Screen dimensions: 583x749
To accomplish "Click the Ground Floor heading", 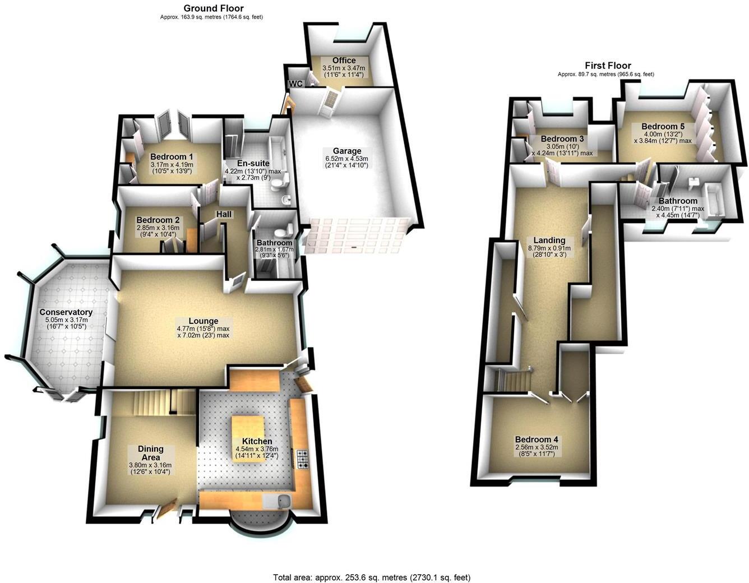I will click(214, 8).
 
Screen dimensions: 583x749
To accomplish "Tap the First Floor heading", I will click(608, 66).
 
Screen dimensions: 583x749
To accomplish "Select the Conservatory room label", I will click(66, 312).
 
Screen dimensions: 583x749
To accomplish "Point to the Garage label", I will click(347, 151).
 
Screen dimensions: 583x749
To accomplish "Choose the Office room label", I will click(344, 61).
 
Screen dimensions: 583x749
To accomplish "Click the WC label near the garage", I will click(295, 84).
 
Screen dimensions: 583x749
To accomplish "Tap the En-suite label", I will click(253, 164).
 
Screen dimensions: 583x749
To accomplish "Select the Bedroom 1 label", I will click(172, 156).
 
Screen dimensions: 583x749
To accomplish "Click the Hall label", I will click(224, 214).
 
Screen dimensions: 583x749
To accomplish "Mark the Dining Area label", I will click(150, 452).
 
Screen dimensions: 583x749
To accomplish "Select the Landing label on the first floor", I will click(549, 240).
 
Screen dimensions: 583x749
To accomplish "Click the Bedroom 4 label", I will click(537, 439).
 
